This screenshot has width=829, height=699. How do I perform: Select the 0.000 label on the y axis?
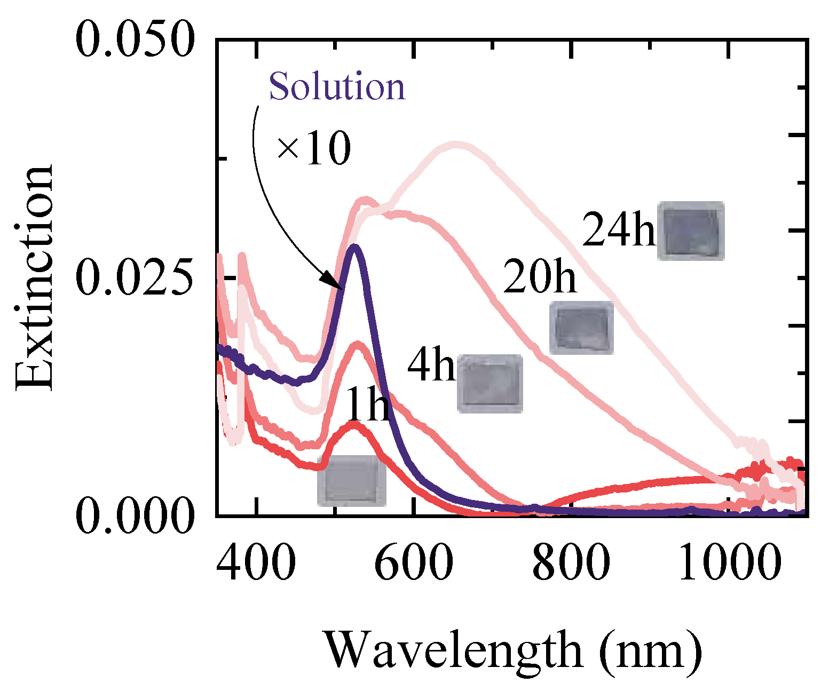(x=134, y=517)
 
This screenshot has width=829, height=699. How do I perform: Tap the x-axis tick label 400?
(x=256, y=563)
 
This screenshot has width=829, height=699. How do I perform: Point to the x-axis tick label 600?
(x=414, y=563)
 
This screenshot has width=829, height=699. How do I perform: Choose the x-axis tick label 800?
(x=571, y=563)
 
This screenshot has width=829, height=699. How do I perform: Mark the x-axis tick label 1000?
(x=729, y=563)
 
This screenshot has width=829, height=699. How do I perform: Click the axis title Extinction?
(x=35, y=277)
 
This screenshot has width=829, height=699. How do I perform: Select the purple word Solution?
(x=337, y=86)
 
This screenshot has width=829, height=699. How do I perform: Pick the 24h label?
(x=618, y=230)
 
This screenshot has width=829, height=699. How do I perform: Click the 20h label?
(x=540, y=276)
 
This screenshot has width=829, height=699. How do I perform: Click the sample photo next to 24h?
(x=690, y=231)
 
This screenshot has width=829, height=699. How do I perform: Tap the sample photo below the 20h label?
(x=581, y=328)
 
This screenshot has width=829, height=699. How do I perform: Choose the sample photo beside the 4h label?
(x=489, y=384)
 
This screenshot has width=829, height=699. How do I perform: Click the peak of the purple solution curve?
(x=353, y=248)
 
